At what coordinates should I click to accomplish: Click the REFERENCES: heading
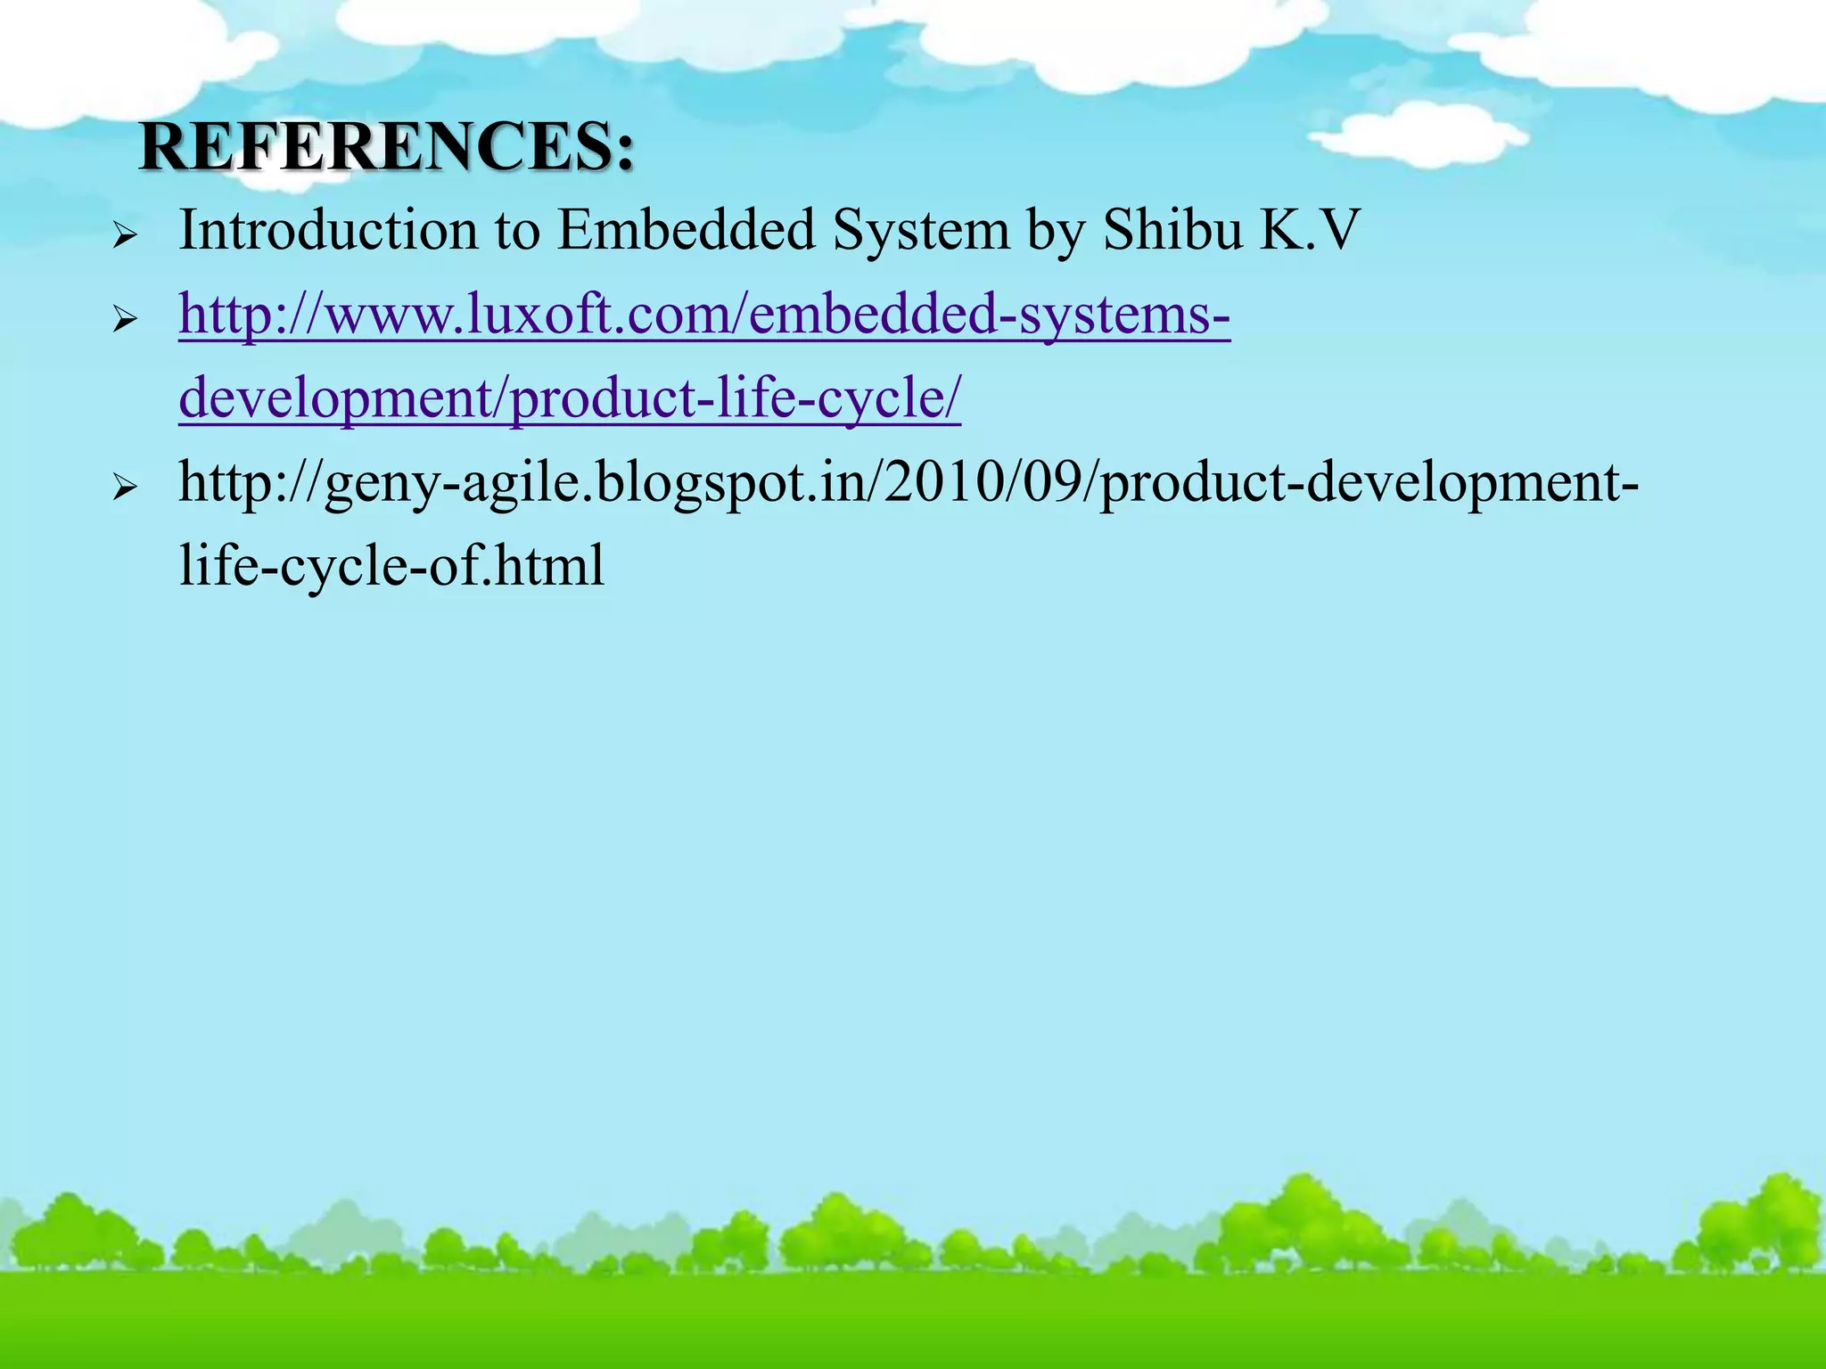pyautogui.click(x=387, y=147)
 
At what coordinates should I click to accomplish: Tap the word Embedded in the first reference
pyautogui.click(x=686, y=231)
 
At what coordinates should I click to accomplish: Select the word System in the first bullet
pyautogui.click(x=920, y=231)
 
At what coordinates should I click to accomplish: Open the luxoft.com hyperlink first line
pyautogui.click(x=704, y=315)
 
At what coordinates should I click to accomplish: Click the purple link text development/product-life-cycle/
pyautogui.click(x=570, y=398)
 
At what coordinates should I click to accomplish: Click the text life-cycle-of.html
pyautogui.click(x=391, y=566)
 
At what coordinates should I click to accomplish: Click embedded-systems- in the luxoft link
pyautogui.click(x=990, y=315)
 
